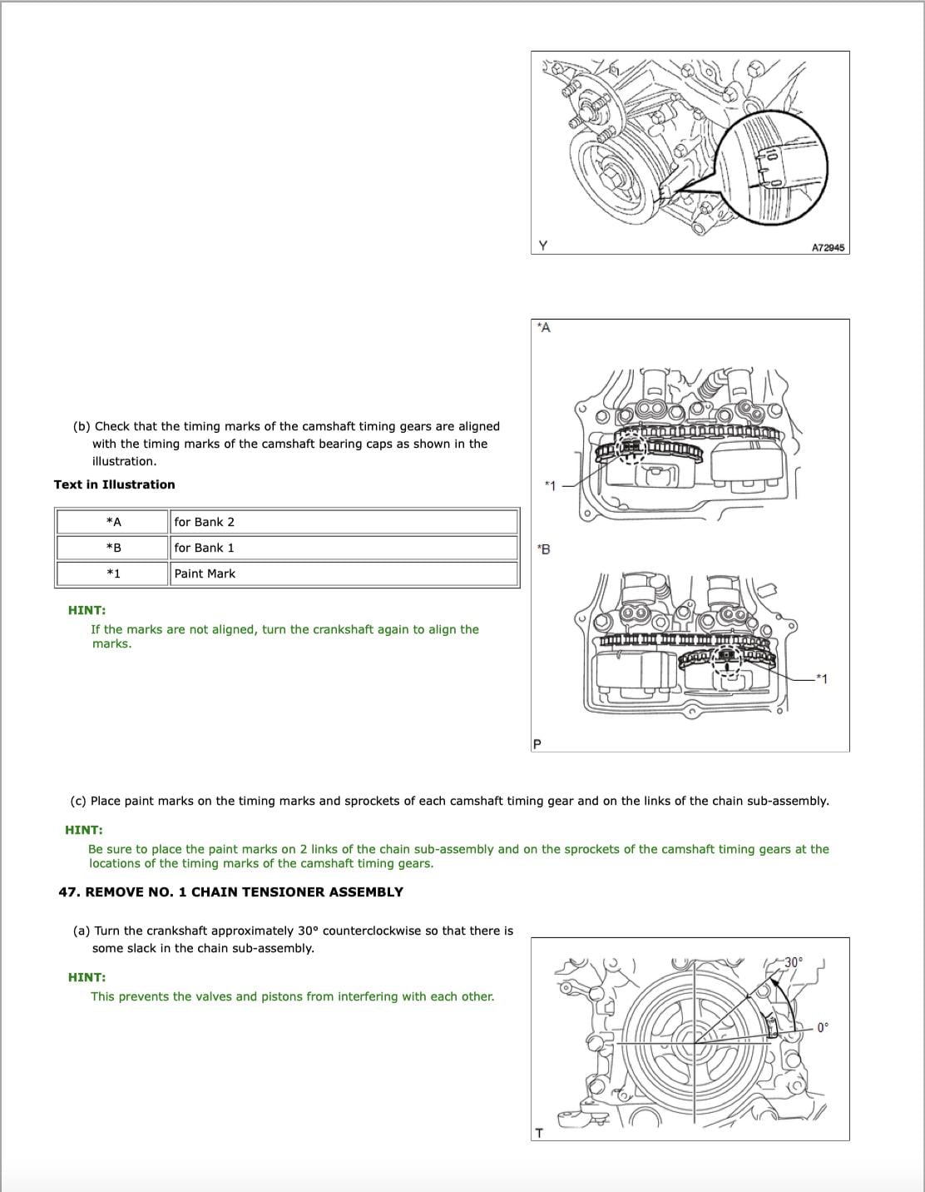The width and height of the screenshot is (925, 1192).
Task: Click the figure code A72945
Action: [828, 247]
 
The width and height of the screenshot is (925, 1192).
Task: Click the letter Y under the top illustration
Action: [543, 246]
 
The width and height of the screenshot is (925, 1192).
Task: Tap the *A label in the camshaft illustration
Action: [544, 328]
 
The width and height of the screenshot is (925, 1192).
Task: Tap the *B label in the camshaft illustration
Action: [544, 549]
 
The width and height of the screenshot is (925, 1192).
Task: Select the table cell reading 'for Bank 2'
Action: [205, 522]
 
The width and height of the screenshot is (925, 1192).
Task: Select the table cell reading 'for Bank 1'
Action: [205, 548]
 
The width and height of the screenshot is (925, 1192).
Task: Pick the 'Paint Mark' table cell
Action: [205, 574]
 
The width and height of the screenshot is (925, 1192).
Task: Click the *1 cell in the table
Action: [114, 574]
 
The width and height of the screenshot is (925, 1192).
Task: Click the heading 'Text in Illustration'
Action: [115, 484]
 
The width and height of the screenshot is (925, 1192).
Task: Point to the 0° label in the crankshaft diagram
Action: [823, 1027]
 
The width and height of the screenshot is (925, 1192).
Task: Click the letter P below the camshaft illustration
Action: [537, 743]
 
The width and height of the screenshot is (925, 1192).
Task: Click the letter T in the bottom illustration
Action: [539, 1133]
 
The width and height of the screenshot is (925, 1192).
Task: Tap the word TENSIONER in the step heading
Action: [284, 892]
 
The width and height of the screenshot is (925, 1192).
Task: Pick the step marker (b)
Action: [82, 426]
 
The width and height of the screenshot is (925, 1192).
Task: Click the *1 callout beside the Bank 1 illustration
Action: [822, 679]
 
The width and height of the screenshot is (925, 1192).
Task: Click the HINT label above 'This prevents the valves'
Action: [87, 977]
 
